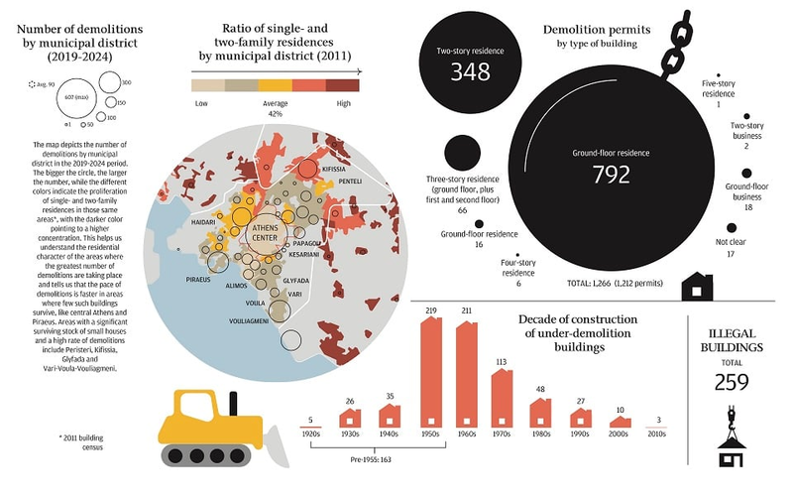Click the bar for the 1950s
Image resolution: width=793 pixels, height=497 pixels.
[431, 372]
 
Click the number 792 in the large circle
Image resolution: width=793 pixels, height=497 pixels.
[611, 175]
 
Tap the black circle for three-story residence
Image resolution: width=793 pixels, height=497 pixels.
[461, 154]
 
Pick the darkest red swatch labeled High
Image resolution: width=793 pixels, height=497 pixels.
[343, 85]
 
